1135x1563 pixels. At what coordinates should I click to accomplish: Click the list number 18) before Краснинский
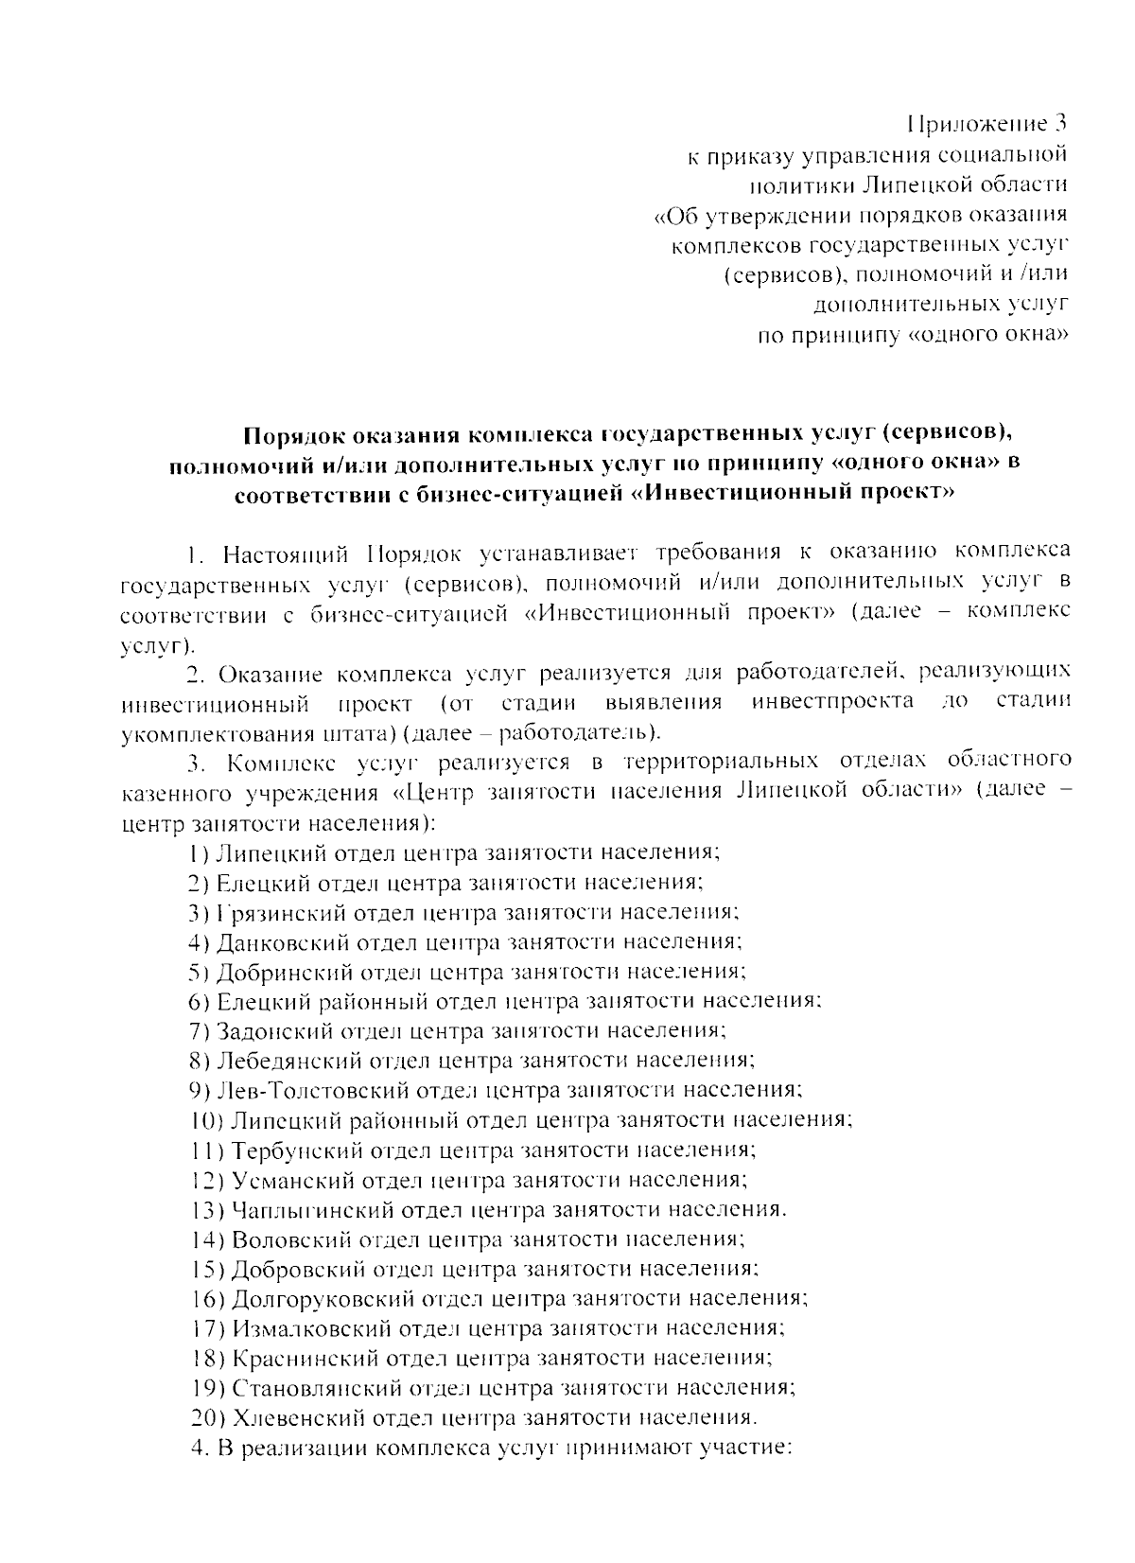(206, 1359)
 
